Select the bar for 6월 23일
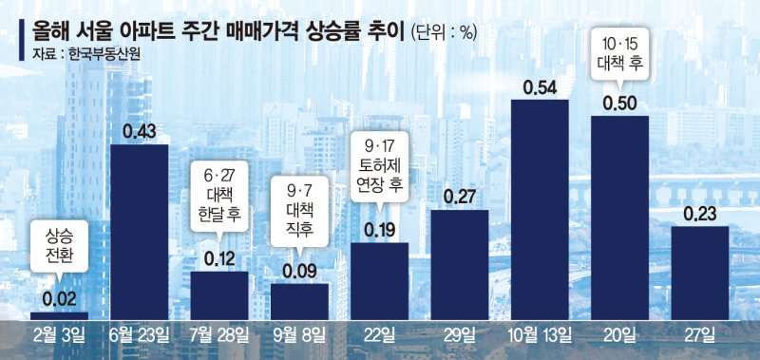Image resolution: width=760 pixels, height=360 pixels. click(140, 232)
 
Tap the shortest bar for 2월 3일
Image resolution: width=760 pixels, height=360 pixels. click(59, 315)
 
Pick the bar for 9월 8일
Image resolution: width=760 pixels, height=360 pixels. click(300, 301)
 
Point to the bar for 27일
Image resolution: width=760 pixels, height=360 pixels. click(700, 272)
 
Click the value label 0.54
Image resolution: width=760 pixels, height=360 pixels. click(540, 88)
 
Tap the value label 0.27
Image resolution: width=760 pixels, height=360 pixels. click(460, 199)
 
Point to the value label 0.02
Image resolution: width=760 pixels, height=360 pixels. click(59, 299)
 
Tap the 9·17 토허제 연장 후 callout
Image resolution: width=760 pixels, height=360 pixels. click(380, 171)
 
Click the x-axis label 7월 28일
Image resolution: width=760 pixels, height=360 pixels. click(219, 333)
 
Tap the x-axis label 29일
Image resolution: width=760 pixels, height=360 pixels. click(460, 333)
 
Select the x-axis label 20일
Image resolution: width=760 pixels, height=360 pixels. click(620, 333)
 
